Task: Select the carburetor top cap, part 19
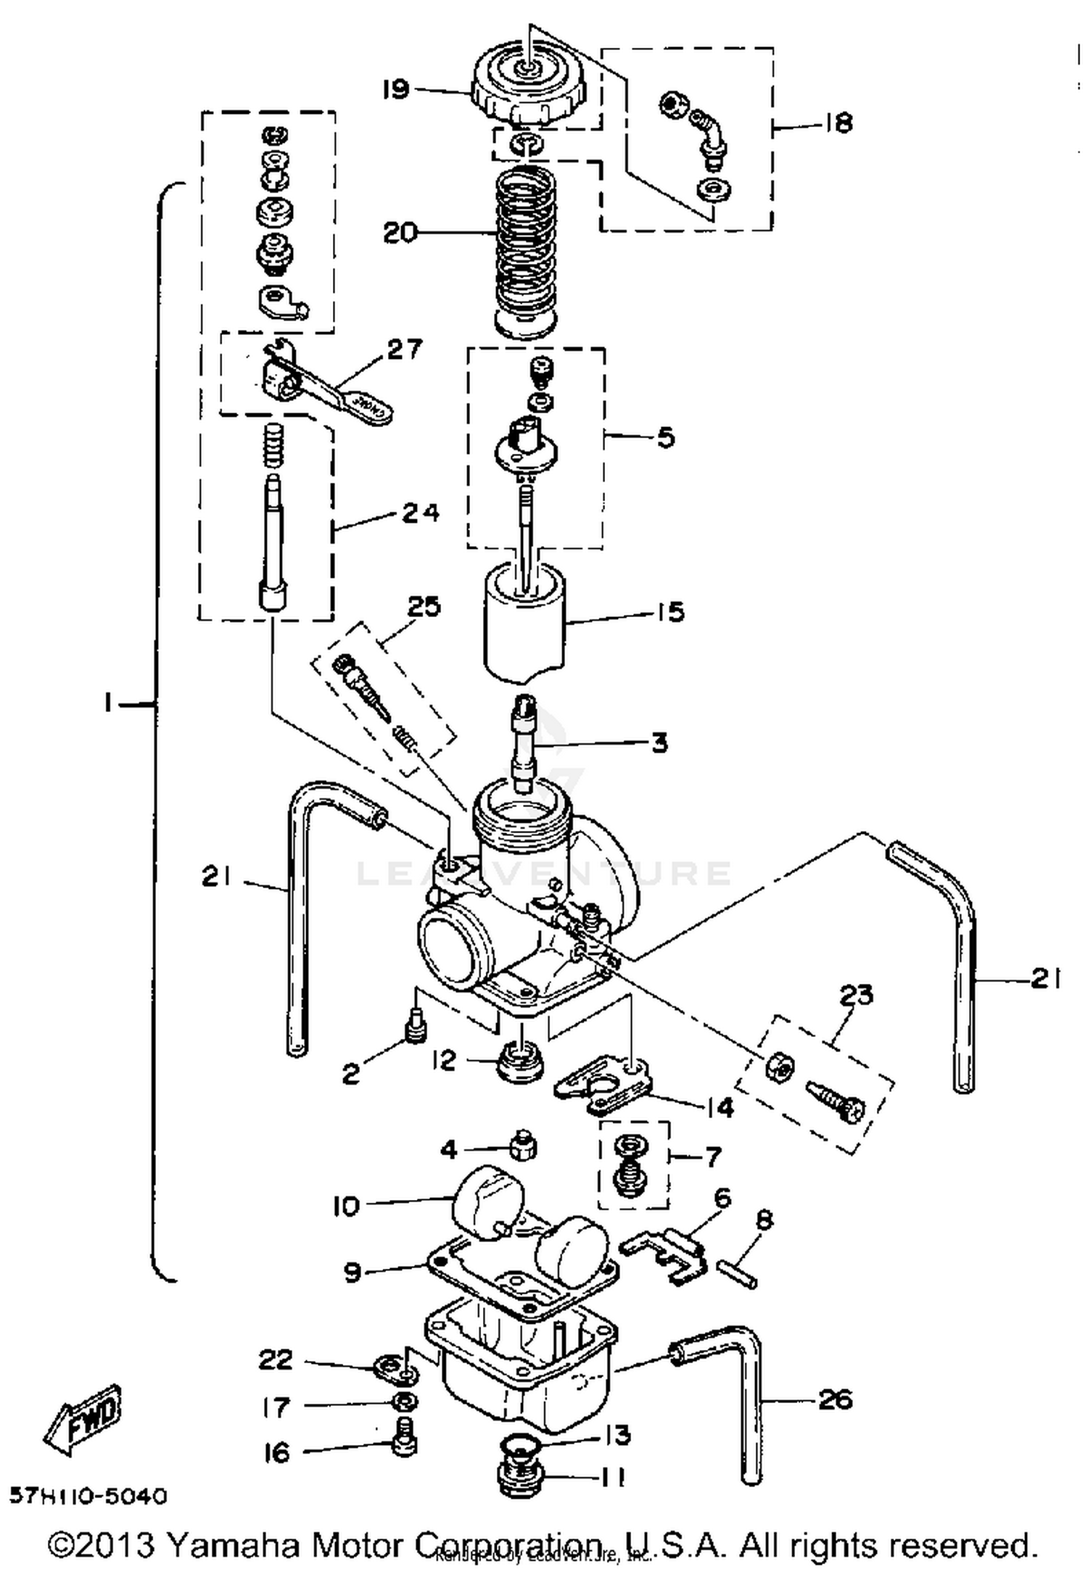click(x=527, y=87)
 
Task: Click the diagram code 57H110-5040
click(x=88, y=1496)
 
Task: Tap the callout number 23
click(x=855, y=994)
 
